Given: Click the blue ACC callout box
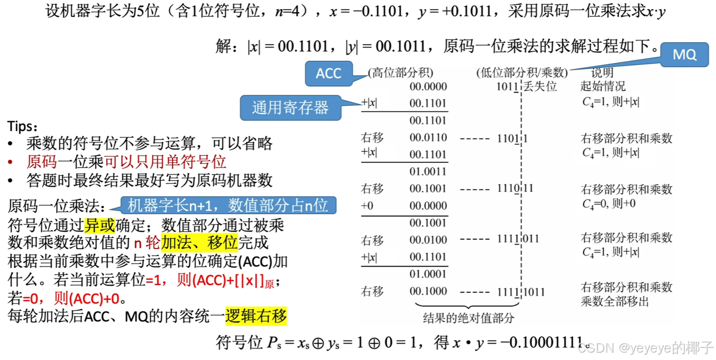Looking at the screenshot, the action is [328, 73].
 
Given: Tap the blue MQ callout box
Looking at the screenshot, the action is [684, 54].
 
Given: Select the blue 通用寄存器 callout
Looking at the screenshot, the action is [290, 108].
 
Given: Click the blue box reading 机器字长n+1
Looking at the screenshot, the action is [228, 205].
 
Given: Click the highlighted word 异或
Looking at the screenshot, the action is [99, 226].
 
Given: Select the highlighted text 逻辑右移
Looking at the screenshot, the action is [256, 316].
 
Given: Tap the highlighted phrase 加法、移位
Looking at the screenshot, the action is [199, 243].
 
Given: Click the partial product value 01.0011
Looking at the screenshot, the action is [428, 171].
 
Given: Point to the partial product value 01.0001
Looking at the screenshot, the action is [428, 274].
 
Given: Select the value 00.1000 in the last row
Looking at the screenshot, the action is [428, 291].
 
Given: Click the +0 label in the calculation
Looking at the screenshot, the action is [367, 206].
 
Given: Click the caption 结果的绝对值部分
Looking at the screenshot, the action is [469, 318].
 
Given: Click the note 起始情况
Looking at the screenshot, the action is [603, 87].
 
